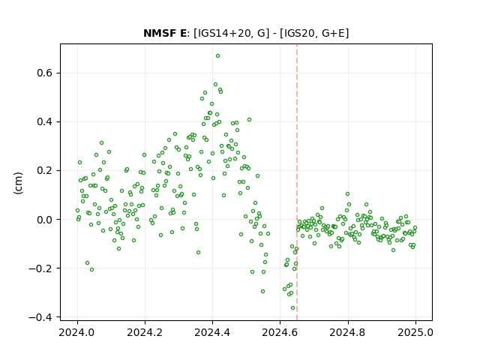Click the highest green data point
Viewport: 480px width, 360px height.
217,56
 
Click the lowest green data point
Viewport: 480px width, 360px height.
293,308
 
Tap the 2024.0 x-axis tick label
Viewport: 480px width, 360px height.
77,332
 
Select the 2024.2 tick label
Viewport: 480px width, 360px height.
145,332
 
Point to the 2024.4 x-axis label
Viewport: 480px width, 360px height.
212,332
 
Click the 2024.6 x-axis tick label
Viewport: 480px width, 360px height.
280,332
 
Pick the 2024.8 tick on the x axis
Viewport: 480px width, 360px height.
348,332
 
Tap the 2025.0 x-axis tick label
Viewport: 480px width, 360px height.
415,332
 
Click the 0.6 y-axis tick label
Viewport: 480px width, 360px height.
45,73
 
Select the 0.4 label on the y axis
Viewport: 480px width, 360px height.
45,121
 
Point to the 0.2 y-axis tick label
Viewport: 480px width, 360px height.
45,170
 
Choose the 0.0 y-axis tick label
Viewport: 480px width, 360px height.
45,220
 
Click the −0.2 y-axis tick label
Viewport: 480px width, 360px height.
40,268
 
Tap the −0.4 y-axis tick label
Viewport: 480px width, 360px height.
40,317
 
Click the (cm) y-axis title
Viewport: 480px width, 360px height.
18,183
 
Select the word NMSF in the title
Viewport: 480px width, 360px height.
158,33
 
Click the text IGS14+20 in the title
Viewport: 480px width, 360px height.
223,33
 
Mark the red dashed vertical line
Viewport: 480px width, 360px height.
297,182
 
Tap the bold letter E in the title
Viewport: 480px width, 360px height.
182,33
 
